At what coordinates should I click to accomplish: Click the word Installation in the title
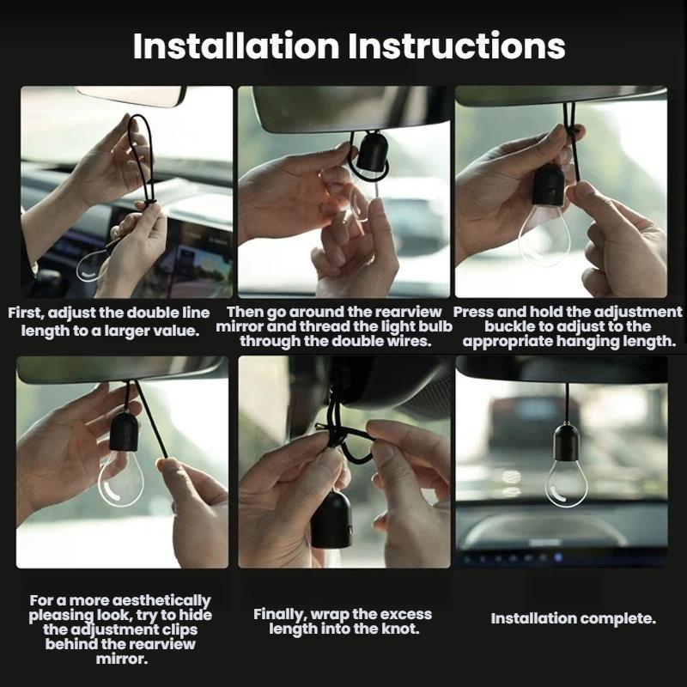tap(236, 46)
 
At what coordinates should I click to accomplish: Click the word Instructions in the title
tap(457, 46)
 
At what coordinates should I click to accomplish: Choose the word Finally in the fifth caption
tap(280, 615)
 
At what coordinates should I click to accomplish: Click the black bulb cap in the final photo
tap(566, 441)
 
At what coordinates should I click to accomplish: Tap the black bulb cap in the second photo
tap(373, 151)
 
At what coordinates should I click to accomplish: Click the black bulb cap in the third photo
tap(548, 186)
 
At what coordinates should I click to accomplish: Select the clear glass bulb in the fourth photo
tap(120, 478)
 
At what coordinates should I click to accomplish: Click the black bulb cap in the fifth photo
tap(331, 520)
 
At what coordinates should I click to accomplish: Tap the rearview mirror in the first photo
tap(131, 95)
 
